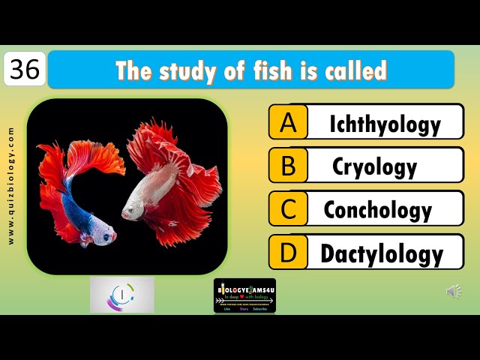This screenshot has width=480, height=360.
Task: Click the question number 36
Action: coord(25,70)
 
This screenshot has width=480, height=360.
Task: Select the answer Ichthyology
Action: coord(385,124)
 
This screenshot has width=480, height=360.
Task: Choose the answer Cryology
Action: coord(374,166)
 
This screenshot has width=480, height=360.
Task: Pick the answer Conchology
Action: coord(377,210)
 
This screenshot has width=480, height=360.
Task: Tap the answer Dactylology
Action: coord(382,253)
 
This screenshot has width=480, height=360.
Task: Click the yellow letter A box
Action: coord(288,123)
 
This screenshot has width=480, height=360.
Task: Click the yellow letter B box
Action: coord(288,166)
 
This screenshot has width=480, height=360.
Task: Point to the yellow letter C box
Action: coord(288,209)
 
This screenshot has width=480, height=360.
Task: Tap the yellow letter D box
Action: coord(288,253)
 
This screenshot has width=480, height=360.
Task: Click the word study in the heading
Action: coord(186,70)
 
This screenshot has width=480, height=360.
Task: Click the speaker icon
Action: coord(454,292)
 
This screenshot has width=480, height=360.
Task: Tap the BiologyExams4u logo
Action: coord(244,295)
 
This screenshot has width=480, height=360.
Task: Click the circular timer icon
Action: coord(121,294)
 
